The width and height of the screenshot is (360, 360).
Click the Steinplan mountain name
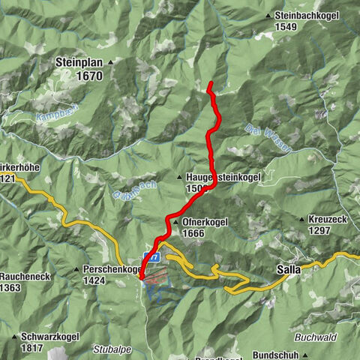pyautogui.click(x=78, y=62)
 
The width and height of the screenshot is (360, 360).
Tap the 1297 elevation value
pyautogui.click(x=320, y=232)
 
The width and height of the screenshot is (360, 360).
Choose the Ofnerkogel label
pyautogui.click(x=203, y=223)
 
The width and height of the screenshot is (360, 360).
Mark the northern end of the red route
pyautogui.click(x=211, y=82)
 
